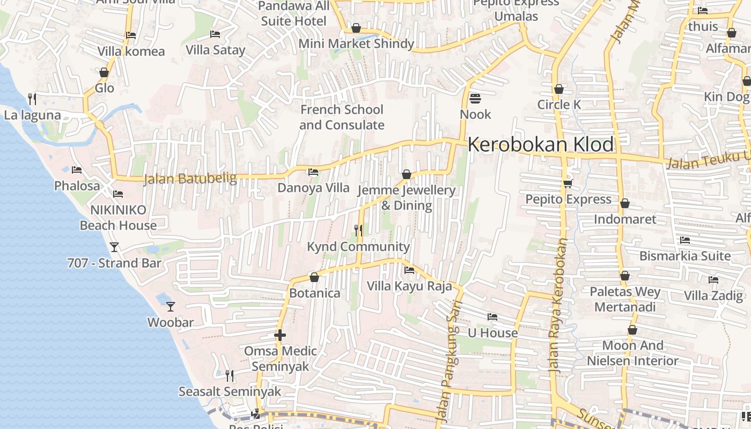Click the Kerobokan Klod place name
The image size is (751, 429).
coord(541,145)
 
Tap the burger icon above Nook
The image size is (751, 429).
coord(475,99)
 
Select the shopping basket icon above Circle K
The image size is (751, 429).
coord(559,89)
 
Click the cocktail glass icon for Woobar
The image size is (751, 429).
coord(171,307)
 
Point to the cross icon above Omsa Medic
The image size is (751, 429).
coord(280,336)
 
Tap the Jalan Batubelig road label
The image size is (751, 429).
coord(190,178)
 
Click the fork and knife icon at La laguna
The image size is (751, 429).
coord(32,99)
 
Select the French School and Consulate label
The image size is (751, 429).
coord(342,117)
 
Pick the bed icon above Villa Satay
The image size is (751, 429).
coord(215,35)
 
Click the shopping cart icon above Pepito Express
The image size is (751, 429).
coord(568,183)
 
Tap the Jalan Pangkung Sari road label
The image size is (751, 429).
coord(448,365)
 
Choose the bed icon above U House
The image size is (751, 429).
coord(492,317)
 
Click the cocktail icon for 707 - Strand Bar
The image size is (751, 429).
coord(114,247)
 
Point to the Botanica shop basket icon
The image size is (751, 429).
coord(314,278)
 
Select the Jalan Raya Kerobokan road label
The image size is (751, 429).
coord(558,306)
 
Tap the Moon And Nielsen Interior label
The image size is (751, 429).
coord(632,353)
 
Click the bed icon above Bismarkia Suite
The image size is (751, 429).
coord(685,240)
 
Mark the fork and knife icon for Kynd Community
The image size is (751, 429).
coord(358,231)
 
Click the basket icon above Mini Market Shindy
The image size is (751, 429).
coord(356,28)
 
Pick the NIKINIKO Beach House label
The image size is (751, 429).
coord(118,218)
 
